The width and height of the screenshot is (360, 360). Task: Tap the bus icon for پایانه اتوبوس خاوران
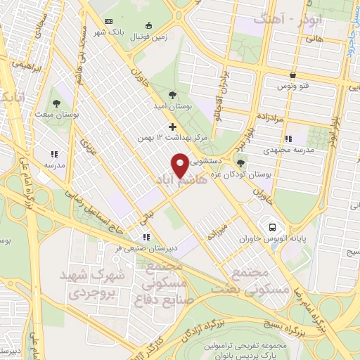pos(271,227)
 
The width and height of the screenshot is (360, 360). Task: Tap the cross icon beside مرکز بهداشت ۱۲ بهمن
pos(173,127)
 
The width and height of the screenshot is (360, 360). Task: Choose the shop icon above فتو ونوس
pos(292,75)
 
